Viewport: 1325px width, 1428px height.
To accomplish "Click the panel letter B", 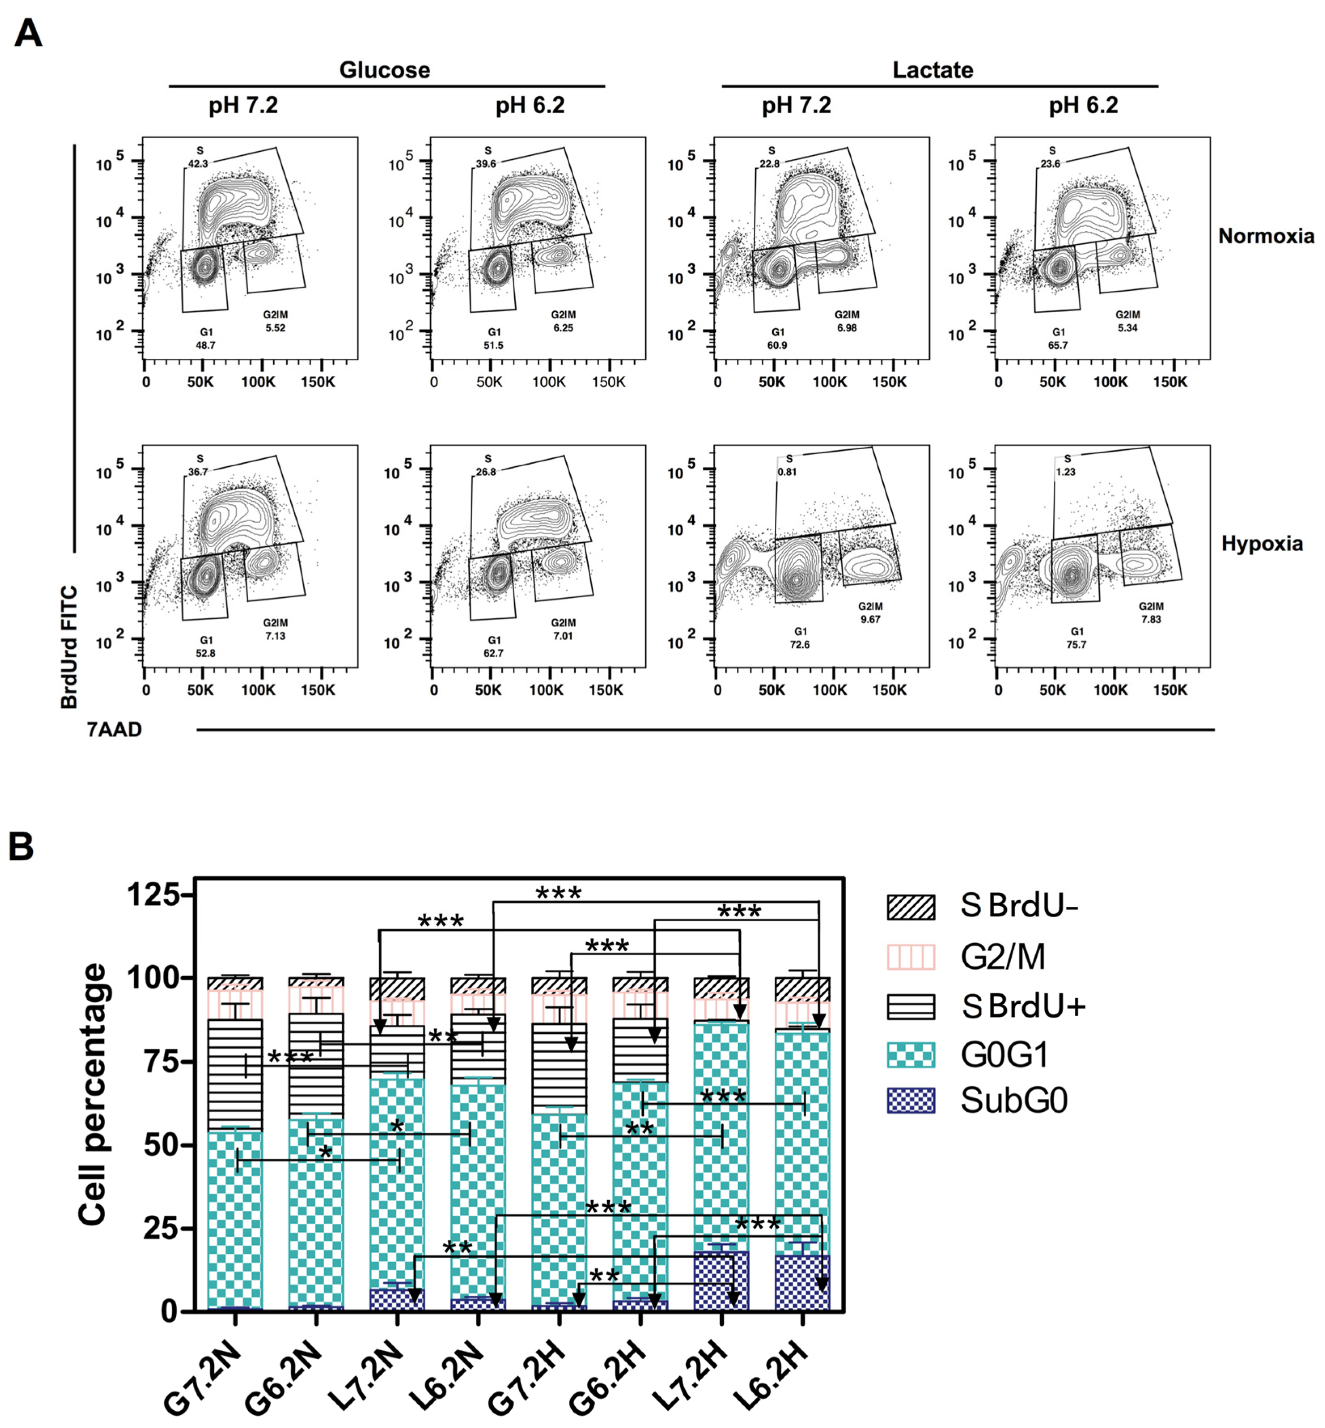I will (x=21, y=846).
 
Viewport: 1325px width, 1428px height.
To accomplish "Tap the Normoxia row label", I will (x=1266, y=236).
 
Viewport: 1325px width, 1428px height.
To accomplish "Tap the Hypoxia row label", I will (x=1262, y=544).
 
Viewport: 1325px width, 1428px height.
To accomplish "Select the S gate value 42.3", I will (x=198, y=163).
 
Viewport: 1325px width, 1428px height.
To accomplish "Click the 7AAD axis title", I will (x=115, y=730).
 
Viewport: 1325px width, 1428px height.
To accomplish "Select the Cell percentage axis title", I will (x=93, y=1094).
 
